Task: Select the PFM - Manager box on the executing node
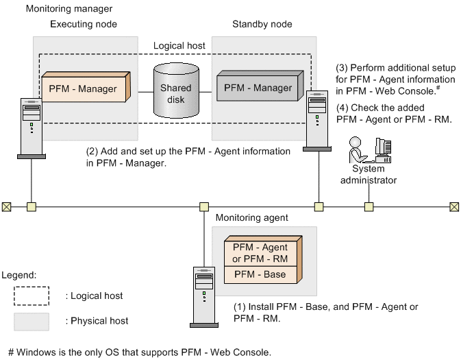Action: pyautogui.click(x=83, y=88)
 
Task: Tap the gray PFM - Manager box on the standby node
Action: pyautogui.click(x=258, y=88)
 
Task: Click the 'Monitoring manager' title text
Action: pyautogui.click(x=68, y=9)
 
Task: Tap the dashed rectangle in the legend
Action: pyautogui.click(x=31, y=295)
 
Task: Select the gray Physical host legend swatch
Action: pyautogui.click(x=31, y=321)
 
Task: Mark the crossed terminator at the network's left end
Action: pyautogui.click(x=6, y=206)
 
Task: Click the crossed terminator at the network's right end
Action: pyautogui.click(x=454, y=206)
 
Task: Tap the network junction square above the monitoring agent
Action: pyautogui.click(x=203, y=206)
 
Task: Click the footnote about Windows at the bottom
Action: pyautogui.click(x=140, y=352)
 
